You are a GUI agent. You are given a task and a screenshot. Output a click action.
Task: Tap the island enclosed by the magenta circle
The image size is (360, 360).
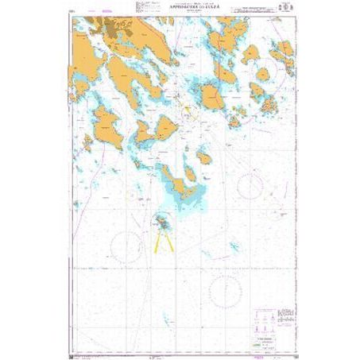pyautogui.click(x=262, y=75)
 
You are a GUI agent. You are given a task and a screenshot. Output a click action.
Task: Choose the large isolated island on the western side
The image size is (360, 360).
pyautogui.click(x=106, y=126)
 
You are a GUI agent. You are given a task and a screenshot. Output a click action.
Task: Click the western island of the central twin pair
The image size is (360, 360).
pyautogui.click(x=144, y=131)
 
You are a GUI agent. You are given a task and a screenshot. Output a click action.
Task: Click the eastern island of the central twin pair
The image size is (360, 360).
pyautogui.click(x=165, y=126)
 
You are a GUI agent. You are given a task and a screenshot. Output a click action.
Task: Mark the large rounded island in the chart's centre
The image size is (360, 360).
pyautogui.click(x=212, y=97)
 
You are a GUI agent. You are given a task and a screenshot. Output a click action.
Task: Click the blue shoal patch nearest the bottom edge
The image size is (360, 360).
pyautogui.click(x=168, y=319)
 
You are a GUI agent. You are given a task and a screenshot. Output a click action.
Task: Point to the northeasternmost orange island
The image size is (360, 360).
pyautogui.click(x=284, y=52)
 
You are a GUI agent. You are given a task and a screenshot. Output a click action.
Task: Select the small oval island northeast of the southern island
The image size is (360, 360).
pyautogui.click(x=204, y=157)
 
